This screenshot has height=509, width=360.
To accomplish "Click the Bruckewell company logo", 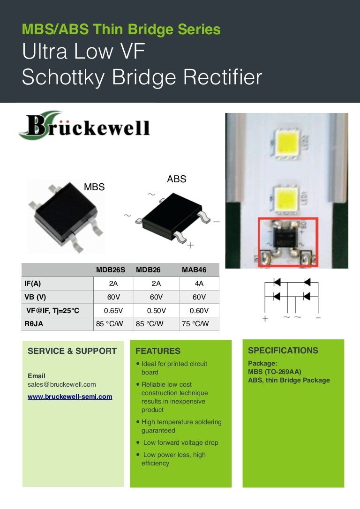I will click(84, 126).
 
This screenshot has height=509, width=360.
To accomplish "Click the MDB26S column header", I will click(110, 270).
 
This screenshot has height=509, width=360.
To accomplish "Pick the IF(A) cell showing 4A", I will click(199, 284).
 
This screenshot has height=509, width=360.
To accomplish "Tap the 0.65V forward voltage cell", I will click(113, 310).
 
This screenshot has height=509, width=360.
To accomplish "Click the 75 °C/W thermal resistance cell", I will click(195, 323).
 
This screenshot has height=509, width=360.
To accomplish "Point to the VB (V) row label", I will click(35, 297).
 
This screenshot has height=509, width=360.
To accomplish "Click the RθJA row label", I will click(34, 323).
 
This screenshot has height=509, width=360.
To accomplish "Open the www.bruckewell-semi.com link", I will click(70, 397).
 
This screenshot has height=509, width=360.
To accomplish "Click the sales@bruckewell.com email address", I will click(62, 384).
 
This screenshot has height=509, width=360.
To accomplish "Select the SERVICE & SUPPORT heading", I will click(72, 351).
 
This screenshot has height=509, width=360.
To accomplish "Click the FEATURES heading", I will click(158, 351).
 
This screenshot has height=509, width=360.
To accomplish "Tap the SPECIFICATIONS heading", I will click(283, 351).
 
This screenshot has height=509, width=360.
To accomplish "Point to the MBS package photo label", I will click(94, 187).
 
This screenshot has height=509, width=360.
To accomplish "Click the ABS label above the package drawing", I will click(177, 179).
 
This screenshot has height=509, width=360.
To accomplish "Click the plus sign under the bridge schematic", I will click(265, 318).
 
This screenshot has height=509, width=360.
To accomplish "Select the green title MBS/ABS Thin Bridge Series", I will click(121, 30).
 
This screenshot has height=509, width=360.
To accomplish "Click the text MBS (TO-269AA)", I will click(275, 372).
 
